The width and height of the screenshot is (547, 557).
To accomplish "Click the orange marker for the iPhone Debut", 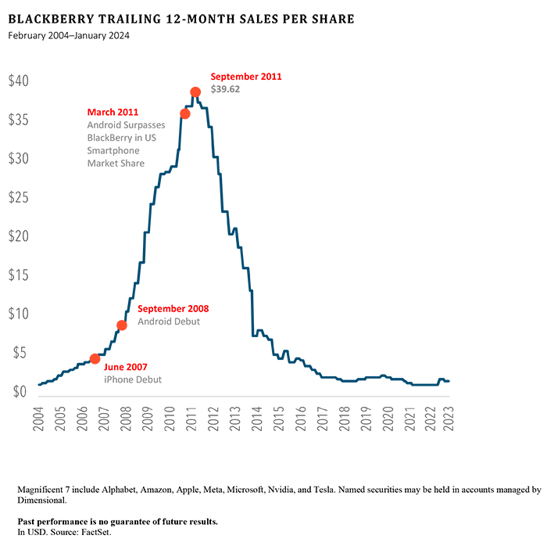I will point(95,358).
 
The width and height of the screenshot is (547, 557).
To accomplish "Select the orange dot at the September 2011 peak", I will point(196,92).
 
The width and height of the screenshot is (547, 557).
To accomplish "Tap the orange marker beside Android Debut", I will point(122,325).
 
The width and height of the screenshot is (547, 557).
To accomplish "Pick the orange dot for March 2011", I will point(185,113).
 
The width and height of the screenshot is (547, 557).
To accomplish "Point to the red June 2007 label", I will point(125,366).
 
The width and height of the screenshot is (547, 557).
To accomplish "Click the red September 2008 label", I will point(173,308).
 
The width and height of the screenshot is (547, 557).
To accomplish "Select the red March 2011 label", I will point(113,112).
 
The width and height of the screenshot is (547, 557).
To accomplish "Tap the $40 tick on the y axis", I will point(19,81).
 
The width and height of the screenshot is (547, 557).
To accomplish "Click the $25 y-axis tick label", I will point(19,197).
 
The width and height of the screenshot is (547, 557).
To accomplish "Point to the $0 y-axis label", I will point(19,391).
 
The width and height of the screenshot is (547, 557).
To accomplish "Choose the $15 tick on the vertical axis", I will point(19,275).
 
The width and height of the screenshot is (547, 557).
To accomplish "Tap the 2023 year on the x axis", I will point(447,417).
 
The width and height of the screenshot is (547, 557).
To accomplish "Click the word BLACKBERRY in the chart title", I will point(50,19).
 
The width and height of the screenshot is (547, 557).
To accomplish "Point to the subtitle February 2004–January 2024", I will point(69,35).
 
